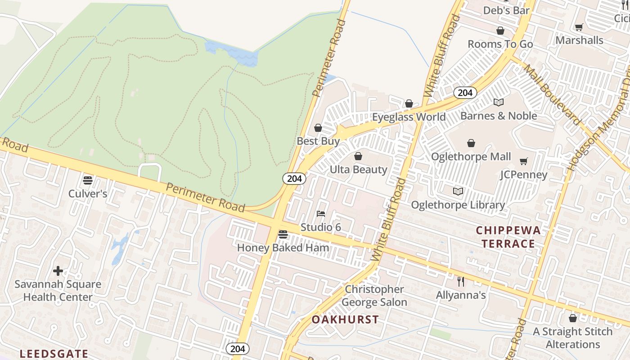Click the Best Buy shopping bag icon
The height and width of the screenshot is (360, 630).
click(x=318, y=128)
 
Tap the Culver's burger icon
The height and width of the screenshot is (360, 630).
click(x=88, y=180)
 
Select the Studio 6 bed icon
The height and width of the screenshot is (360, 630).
click(x=321, y=213)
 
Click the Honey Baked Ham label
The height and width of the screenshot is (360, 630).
click(x=283, y=247)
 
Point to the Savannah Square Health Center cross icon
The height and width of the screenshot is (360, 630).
click(x=58, y=271)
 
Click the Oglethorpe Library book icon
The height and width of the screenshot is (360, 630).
click(x=458, y=192)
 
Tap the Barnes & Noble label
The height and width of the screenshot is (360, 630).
click(x=499, y=116)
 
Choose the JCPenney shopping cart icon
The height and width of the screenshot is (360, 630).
click(x=523, y=162)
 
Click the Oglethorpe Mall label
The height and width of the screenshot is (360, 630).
click(x=471, y=157)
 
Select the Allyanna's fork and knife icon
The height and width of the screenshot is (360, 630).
click(x=460, y=282)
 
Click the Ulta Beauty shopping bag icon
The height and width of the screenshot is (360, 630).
click(x=358, y=156)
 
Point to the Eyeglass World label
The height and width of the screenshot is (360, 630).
click(x=409, y=117)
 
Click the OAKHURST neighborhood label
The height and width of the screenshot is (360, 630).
click(x=345, y=320)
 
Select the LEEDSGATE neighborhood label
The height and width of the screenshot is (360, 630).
click(x=54, y=353)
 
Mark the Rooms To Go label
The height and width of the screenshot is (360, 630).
click(x=500, y=44)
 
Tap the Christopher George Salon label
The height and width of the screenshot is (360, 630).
click(x=374, y=296)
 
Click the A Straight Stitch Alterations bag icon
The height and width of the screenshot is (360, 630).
click(x=572, y=319)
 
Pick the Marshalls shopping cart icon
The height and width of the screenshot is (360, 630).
click(x=579, y=27)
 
